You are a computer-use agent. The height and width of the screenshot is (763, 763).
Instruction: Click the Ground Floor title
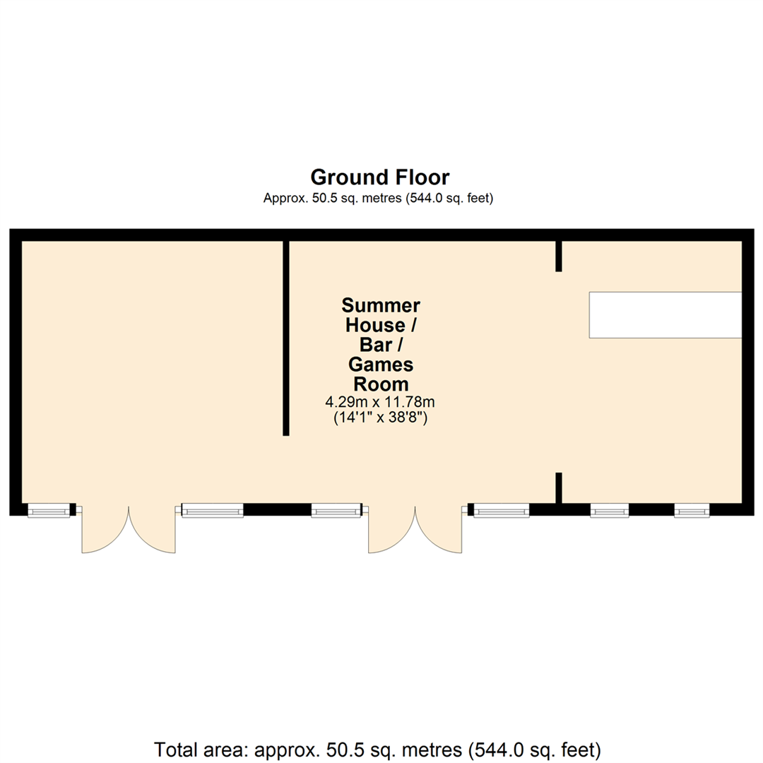(x=380, y=177)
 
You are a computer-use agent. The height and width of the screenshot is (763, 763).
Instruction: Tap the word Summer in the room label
(x=381, y=305)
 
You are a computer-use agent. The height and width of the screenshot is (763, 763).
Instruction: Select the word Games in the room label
(x=381, y=365)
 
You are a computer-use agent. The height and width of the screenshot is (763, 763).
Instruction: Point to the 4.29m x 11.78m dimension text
(x=379, y=402)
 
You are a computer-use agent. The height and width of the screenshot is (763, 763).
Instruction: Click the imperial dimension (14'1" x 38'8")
(x=381, y=418)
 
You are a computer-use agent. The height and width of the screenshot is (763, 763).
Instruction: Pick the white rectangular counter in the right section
(x=665, y=314)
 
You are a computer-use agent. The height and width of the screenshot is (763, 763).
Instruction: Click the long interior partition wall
(x=286, y=338)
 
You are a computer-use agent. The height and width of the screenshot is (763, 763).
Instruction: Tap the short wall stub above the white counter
(x=558, y=256)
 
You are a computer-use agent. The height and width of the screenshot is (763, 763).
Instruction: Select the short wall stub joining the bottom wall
(x=558, y=488)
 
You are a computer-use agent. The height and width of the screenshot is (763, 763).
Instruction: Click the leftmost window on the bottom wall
(x=49, y=510)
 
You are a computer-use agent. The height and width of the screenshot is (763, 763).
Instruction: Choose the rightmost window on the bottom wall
(x=691, y=510)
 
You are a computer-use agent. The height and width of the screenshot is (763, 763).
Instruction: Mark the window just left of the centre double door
(x=336, y=510)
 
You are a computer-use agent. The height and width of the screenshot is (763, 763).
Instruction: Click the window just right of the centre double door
(x=501, y=510)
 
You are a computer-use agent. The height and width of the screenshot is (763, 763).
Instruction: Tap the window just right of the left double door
(x=212, y=510)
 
